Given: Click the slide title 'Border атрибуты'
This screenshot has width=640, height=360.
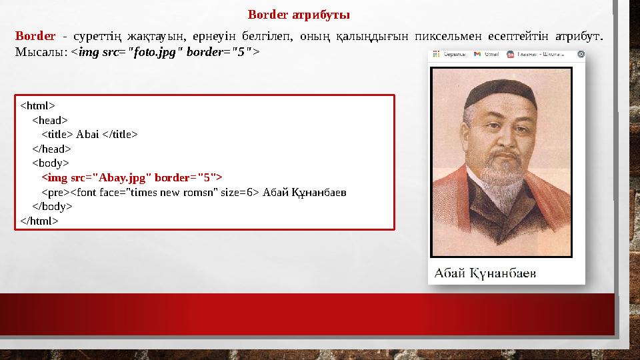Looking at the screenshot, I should (299, 14).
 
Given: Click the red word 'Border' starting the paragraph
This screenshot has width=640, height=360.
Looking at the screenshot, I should (35, 35).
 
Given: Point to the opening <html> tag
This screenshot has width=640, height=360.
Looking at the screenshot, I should (37, 105).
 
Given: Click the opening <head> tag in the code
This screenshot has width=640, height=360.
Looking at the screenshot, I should (49, 120).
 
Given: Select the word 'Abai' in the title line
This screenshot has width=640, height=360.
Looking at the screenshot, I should (88, 135).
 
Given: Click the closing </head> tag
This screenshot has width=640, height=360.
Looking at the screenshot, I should (51, 149).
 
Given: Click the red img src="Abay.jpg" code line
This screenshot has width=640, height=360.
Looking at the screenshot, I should (132, 177).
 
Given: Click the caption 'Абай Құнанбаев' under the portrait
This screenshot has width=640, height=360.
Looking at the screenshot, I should (485, 273).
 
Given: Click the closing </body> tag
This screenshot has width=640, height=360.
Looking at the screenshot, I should (52, 207).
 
